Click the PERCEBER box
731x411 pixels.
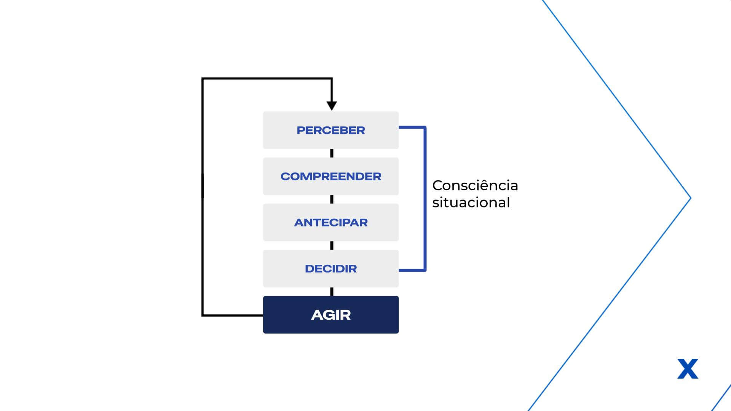331,130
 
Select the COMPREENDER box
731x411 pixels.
331,176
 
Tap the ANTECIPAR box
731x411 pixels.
331,222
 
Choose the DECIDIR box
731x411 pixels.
331,268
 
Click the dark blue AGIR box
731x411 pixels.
331,315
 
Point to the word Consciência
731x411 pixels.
475,185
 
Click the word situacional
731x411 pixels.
471,202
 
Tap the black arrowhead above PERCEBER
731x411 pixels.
332,106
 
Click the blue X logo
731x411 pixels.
688,369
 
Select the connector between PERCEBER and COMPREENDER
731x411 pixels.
332,153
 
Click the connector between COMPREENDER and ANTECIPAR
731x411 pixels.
332,199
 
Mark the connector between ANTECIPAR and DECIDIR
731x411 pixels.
332,245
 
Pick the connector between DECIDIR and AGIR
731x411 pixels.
332,292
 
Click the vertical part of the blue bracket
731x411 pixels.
425,199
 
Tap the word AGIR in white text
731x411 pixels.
331,315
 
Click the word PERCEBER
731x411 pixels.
331,131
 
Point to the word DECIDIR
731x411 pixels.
331,269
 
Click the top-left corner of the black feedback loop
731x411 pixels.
203,78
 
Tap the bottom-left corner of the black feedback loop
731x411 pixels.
203,315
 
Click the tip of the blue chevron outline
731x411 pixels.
691,198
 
